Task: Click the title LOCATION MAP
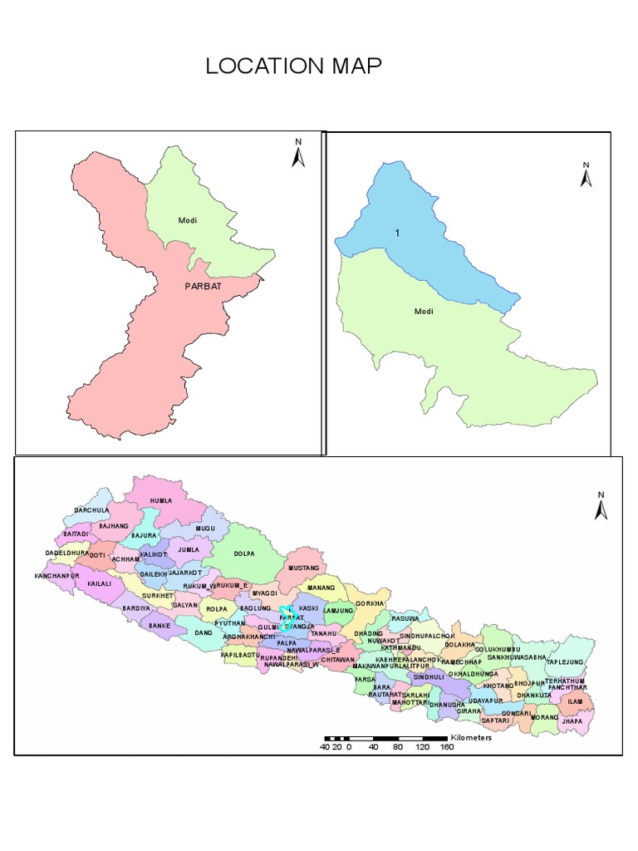294,66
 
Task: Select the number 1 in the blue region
397,233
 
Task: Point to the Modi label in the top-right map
425,312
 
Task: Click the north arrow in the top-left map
298,154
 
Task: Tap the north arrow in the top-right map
586,175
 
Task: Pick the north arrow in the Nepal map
601,506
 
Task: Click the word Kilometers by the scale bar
471,737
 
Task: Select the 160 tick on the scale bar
446,746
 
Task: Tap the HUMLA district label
160,501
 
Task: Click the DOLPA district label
244,553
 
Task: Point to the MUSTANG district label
303,568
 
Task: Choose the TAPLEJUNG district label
566,662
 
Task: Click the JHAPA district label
572,721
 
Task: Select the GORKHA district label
370,603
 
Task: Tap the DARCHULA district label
91,510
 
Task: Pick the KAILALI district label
98,584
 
